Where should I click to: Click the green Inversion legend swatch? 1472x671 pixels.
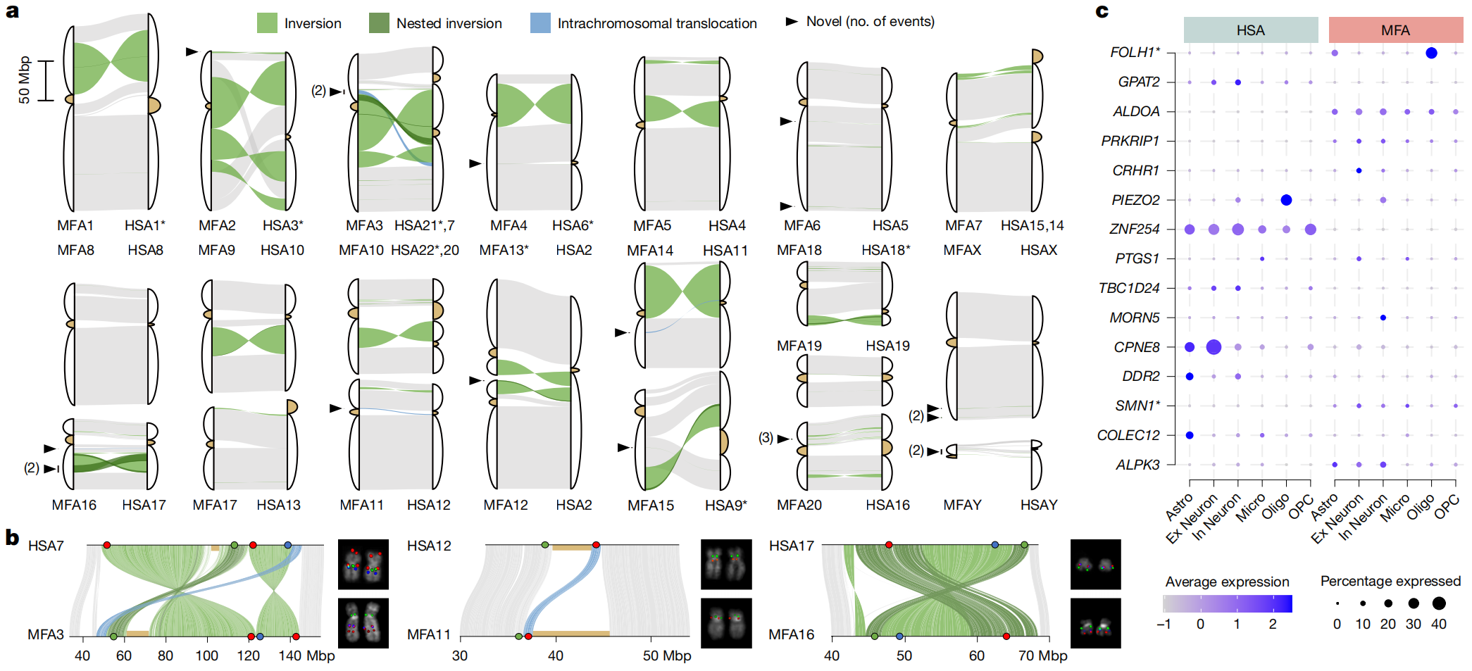pos(267,23)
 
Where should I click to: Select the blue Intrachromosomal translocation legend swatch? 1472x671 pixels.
pos(540,23)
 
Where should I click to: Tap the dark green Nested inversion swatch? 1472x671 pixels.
pos(379,23)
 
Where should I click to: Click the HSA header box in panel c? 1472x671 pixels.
pos(1250,30)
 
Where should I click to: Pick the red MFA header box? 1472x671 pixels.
pos(1395,30)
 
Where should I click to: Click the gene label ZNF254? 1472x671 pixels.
pos(1134,229)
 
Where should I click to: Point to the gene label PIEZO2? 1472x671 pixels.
pos(1135,200)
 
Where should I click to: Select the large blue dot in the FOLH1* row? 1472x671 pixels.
pos(1431,53)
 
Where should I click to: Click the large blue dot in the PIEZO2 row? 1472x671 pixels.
pos(1286,200)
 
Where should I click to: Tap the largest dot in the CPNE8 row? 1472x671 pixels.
pos(1214,346)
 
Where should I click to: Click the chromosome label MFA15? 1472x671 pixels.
pos(650,506)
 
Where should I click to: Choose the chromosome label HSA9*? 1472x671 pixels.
pos(725,506)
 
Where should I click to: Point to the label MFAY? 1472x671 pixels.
pos(962,505)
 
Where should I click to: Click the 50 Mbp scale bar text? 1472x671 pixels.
pos(25,80)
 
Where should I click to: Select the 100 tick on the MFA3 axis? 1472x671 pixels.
pos(206,656)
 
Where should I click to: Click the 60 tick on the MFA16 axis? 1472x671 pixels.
pos(976,656)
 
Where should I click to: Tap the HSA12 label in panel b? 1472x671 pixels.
pos(429,546)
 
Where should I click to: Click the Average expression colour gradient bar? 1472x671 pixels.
pos(1227,603)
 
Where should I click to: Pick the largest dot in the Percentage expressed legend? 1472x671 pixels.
pos(1438,603)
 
